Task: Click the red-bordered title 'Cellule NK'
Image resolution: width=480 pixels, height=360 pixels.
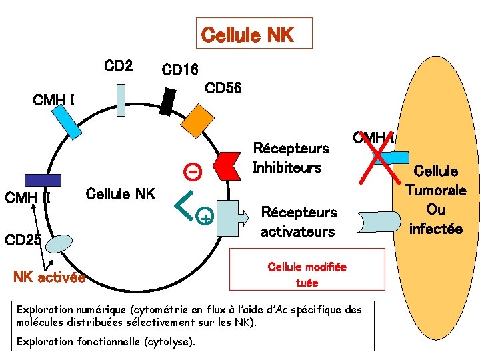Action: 254,34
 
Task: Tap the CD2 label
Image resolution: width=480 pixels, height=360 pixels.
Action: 119,66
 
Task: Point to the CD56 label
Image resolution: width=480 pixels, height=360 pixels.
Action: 223,88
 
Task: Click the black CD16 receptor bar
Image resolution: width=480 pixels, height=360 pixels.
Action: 169,101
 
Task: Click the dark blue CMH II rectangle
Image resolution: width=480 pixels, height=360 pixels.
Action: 42,179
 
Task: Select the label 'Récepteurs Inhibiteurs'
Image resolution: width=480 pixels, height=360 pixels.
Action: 290,157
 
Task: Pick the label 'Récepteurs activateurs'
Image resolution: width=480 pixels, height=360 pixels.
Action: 298,222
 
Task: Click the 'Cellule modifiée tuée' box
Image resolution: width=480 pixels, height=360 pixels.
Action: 307,274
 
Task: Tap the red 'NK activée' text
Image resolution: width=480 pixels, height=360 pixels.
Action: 49,277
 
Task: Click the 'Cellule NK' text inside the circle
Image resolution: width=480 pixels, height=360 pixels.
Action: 121,194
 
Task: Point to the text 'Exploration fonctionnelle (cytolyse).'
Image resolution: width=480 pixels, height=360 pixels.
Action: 106,341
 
